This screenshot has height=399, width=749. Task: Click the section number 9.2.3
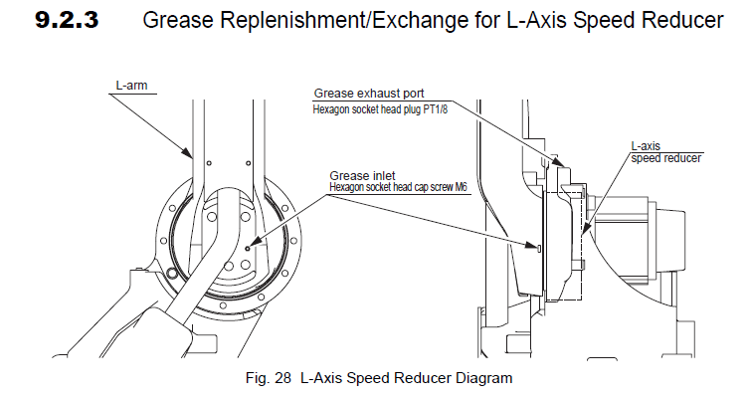pyautogui.click(x=67, y=20)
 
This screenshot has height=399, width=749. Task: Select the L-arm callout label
pyautogui.click(x=132, y=86)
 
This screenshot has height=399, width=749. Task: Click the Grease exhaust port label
pyautogui.click(x=369, y=94)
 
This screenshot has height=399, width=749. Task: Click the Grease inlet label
pyautogui.click(x=362, y=176)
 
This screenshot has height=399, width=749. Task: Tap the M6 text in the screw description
pyautogui.click(x=461, y=187)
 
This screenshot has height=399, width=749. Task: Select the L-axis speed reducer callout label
pyautogui.click(x=665, y=152)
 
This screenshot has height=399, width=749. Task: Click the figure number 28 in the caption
pyautogui.click(x=282, y=378)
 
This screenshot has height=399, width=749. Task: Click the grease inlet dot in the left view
pyautogui.click(x=248, y=248)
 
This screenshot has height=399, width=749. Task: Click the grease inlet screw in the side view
pyautogui.click(x=539, y=248)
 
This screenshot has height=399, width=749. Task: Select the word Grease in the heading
pyautogui.click(x=178, y=20)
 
